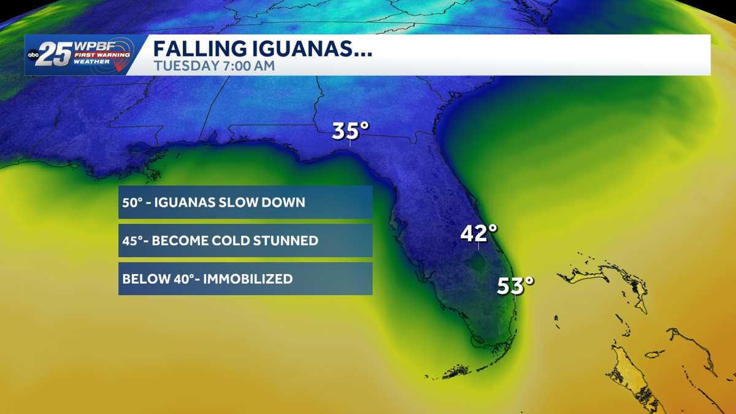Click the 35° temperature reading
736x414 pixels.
[351, 131]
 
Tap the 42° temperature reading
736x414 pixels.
[478, 233]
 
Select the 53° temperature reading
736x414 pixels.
[515, 285]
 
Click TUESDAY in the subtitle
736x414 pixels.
[178, 66]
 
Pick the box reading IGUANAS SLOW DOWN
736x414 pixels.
[245, 202]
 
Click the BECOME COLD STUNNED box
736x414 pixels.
[245, 240]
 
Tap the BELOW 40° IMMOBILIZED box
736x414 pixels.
[245, 279]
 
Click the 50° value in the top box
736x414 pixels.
[132, 202]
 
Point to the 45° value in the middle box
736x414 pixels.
[132, 240]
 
